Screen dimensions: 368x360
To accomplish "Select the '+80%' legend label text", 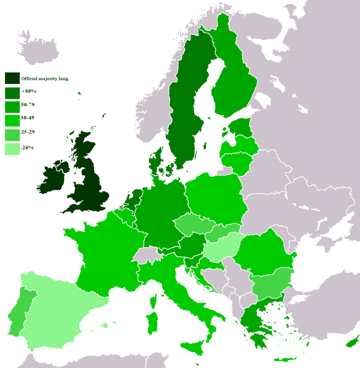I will coord(28,92).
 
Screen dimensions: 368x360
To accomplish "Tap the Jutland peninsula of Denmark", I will coord(155,163).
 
